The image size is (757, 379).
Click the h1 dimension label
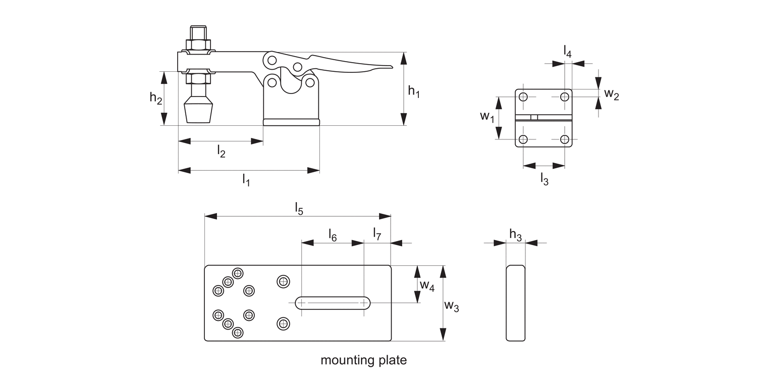tap(414, 92)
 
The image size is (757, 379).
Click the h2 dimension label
tap(156, 98)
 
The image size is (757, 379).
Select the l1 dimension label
tap(246, 179)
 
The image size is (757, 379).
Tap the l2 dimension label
tap(221, 151)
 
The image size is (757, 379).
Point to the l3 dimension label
tap(544, 178)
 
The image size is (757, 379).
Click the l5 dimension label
tap(299, 208)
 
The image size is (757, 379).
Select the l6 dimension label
tap(333, 234)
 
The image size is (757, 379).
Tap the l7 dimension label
tap(377, 233)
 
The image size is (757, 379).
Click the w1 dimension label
tap(487, 117)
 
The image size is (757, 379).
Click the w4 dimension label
tap(427, 286)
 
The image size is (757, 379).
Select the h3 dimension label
tap(515, 234)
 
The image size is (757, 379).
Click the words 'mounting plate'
tap(363, 360)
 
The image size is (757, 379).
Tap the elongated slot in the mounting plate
tap(333, 303)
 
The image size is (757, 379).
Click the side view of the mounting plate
tap(515, 303)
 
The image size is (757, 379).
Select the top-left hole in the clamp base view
tap(523, 97)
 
